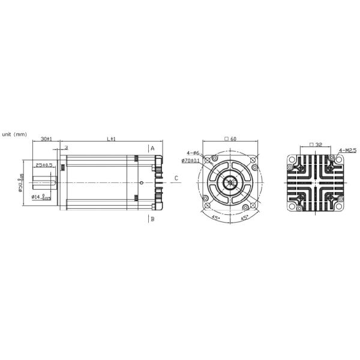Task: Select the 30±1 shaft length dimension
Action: [46, 139]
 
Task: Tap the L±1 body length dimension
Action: [111, 139]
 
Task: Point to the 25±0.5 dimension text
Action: [44, 164]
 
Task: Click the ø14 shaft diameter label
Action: [42, 197]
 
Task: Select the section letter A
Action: [153, 148]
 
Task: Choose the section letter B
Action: [153, 219]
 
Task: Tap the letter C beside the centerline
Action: [176, 178]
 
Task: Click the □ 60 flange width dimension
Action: [230, 139]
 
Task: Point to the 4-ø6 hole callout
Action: [193, 152]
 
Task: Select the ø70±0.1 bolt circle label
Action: [191, 161]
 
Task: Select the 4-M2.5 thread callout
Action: [348, 149]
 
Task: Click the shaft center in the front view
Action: [230, 182]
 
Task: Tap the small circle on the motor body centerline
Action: [141, 182]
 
